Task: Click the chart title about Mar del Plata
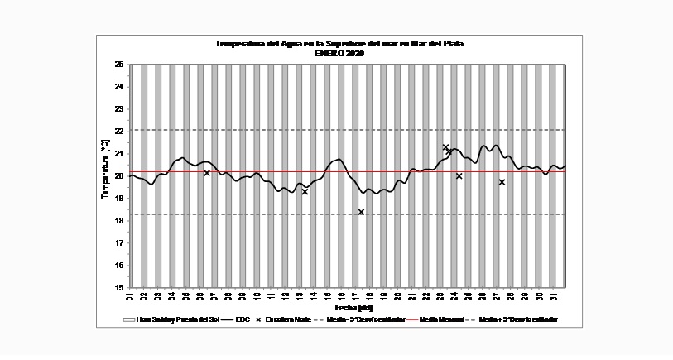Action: pos(339,44)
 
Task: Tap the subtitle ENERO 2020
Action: pos(339,53)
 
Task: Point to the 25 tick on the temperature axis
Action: pos(119,64)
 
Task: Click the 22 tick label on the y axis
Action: pos(119,131)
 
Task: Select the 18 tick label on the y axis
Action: pos(119,220)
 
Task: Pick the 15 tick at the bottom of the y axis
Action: pos(119,287)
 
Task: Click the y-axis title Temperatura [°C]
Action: pos(104,169)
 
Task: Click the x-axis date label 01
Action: pos(131,297)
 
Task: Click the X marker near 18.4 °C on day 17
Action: pos(361,212)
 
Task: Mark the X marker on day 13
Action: pos(305,191)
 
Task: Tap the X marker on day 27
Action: pos(502,182)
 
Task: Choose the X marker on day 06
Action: pos(207,173)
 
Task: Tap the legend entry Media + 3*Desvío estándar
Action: pos(518,319)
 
